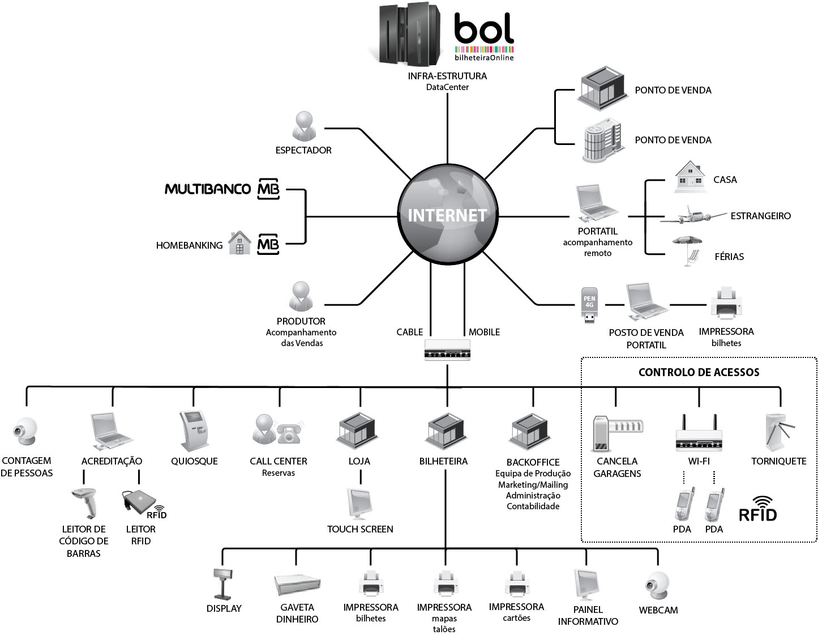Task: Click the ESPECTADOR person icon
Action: pyautogui.click(x=304, y=126)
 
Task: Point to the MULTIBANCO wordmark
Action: pyautogui.click(x=207, y=189)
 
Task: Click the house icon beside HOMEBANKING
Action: pyautogui.click(x=239, y=243)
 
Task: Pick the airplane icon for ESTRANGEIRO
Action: pyautogui.click(x=697, y=216)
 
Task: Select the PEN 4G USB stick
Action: pyautogui.click(x=589, y=305)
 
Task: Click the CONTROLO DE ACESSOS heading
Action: pyautogui.click(x=699, y=372)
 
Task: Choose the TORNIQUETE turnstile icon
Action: pyautogui.click(x=777, y=434)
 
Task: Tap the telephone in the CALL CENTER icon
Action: pyautogui.click(x=289, y=432)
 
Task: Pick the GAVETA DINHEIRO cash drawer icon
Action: pyautogui.click(x=297, y=585)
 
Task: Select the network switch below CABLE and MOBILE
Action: pyautogui.click(x=447, y=351)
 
